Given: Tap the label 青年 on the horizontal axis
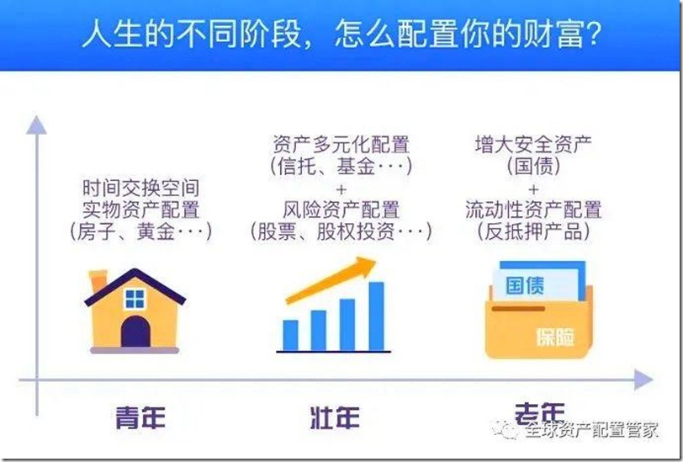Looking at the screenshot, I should tap(140, 416).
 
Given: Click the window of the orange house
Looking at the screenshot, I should tap(135, 299).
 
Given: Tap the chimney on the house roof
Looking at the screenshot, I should tap(98, 280).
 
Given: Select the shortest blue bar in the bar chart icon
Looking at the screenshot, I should tap(290, 334).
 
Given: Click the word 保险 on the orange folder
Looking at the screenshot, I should tap(556, 337).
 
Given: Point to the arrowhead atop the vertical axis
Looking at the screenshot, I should tap(34, 124).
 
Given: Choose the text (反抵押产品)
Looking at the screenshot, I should tap(533, 231).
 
